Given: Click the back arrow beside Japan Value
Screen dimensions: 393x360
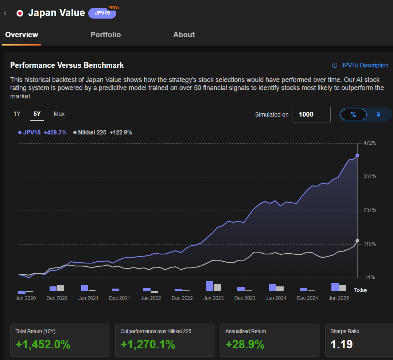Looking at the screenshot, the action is click(5, 13).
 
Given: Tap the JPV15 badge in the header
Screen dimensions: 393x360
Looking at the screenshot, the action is click(102, 13).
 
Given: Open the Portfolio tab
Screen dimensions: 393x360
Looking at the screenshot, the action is click(105, 35).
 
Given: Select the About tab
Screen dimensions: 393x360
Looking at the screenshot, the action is click(184, 35).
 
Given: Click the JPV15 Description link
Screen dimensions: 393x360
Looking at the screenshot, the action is click(360, 65).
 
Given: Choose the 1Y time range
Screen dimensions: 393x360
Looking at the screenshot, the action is click(17, 114).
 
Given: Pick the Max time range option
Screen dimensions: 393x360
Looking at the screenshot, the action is click(59, 114).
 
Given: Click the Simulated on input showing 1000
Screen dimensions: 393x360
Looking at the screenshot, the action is click(311, 114).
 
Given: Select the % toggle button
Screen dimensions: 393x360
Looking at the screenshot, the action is click(353, 114).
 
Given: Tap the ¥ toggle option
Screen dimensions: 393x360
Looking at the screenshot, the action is click(378, 114).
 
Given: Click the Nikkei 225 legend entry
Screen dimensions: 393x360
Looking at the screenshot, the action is click(102, 133).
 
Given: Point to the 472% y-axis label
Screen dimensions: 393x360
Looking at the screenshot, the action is click(370, 143).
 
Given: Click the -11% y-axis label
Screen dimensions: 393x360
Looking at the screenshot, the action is click(369, 277).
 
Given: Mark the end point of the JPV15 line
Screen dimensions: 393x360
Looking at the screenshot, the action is click(357, 155).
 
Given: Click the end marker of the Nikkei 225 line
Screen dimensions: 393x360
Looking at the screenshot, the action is click(357, 240).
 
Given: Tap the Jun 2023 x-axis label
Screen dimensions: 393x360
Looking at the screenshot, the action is click(213, 298).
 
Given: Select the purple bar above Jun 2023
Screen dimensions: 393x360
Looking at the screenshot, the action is click(210, 286).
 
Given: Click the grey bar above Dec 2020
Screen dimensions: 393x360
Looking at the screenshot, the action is click(61, 288).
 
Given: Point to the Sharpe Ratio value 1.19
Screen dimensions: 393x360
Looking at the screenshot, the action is click(341, 344).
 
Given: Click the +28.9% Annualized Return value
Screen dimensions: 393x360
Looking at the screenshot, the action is click(245, 344).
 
